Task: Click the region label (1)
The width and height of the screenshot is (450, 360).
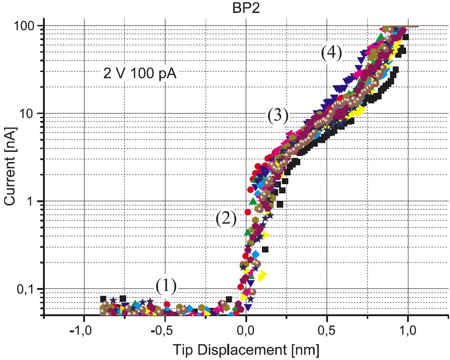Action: [x=166, y=286]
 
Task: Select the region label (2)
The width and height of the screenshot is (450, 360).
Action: [x=226, y=218]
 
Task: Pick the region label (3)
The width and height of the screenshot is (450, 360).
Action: [x=278, y=115]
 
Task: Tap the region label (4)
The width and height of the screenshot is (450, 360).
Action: [x=331, y=53]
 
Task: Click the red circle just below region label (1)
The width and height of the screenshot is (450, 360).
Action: [x=167, y=304]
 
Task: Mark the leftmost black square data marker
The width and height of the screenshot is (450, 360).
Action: [x=103, y=299]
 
